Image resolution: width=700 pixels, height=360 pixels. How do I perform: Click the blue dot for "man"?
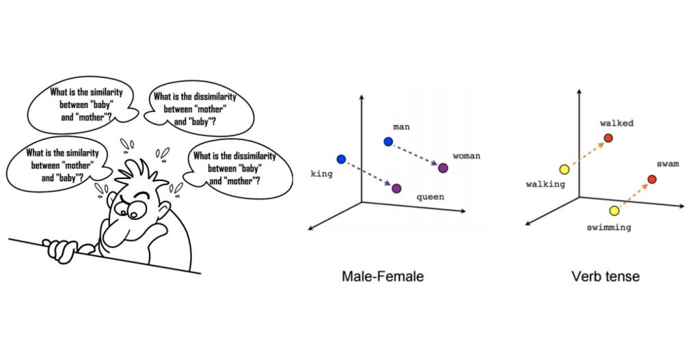coord(388,141)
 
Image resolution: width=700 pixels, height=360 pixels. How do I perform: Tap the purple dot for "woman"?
coord(443,167)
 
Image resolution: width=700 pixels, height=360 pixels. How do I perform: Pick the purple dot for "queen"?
coord(396,187)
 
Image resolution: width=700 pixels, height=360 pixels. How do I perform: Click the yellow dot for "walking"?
coord(565,169)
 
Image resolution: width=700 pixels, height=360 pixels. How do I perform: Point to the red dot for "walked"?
coord(608,138)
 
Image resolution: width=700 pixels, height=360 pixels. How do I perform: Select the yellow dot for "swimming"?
coord(614,210)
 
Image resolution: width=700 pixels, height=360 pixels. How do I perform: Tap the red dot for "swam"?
coord(651,179)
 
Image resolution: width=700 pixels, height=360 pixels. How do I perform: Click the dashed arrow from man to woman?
coord(416,154)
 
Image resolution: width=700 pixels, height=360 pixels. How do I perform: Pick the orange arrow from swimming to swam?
coord(632,195)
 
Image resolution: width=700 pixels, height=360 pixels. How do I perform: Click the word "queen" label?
coord(431,197)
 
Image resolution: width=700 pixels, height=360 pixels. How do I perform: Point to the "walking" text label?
coord(545,184)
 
